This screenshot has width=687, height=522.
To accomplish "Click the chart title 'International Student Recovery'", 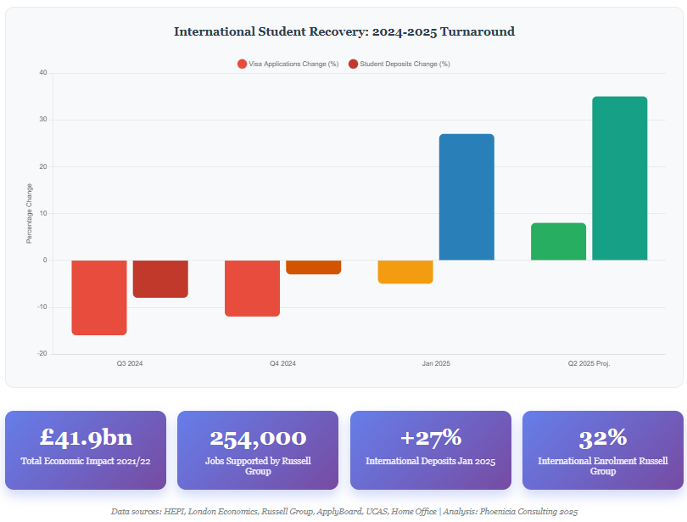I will click(x=343, y=31).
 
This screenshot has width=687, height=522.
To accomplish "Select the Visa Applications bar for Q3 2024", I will click(x=99, y=297).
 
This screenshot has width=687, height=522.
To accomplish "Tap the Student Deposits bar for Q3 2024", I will click(x=160, y=278).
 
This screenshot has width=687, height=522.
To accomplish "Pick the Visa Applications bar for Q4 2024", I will click(x=252, y=288).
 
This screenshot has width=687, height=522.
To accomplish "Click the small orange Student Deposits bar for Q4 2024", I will click(x=313, y=267).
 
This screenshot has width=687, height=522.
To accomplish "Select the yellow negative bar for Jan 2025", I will click(x=405, y=272).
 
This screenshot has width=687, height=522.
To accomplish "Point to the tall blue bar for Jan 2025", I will click(x=466, y=197).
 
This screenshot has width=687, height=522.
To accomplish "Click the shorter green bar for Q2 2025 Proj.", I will click(x=558, y=241).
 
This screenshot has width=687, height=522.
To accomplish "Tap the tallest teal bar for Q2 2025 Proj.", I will click(x=619, y=178).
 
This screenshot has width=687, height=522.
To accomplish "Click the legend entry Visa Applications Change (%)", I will click(x=288, y=64).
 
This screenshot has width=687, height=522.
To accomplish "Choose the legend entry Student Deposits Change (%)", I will click(x=399, y=64).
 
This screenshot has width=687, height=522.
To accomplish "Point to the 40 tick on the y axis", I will click(x=42, y=73).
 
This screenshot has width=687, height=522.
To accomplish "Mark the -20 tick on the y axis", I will click(x=42, y=354).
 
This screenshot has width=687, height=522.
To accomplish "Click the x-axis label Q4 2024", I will click(x=282, y=363).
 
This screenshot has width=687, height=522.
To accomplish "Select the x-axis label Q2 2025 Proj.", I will click(x=589, y=363).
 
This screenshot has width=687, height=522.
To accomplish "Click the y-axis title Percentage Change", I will click(x=29, y=214).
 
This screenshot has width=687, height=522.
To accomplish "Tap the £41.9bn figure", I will click(x=87, y=437).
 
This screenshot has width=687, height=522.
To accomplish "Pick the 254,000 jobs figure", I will click(x=258, y=437).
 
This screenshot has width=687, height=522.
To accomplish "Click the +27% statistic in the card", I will click(x=430, y=437).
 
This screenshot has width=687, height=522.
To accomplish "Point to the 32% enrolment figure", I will click(x=602, y=437).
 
